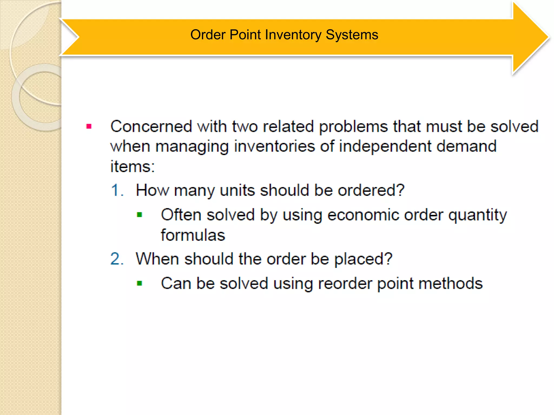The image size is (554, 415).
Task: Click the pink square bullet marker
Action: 89,126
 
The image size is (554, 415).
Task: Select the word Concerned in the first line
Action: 151,126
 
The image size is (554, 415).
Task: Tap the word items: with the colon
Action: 133,166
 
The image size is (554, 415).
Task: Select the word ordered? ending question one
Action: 371,190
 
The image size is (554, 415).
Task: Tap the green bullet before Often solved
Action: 140,215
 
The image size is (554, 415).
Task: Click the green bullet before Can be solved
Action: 140,283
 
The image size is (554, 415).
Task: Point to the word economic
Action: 363,215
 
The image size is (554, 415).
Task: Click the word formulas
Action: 193,235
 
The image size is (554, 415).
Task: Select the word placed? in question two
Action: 363,259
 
